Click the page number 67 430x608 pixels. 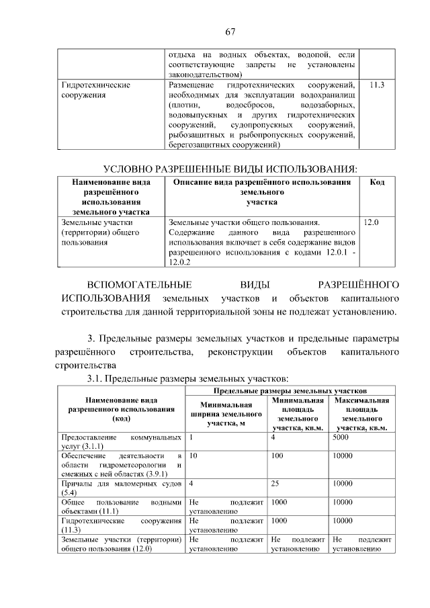tap(229, 31)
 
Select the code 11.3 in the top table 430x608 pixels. tap(377, 85)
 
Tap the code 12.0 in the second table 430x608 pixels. tap(371, 221)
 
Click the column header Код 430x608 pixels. tap(377, 182)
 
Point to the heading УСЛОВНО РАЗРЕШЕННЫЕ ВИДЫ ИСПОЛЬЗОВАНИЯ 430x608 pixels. tap(229, 168)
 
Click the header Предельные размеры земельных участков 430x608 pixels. tap(290, 389)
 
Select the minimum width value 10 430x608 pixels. tap(194, 455)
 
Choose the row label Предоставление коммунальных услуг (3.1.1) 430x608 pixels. tap(121, 441)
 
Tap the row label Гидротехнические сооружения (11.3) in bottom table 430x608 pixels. tap(121, 525)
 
